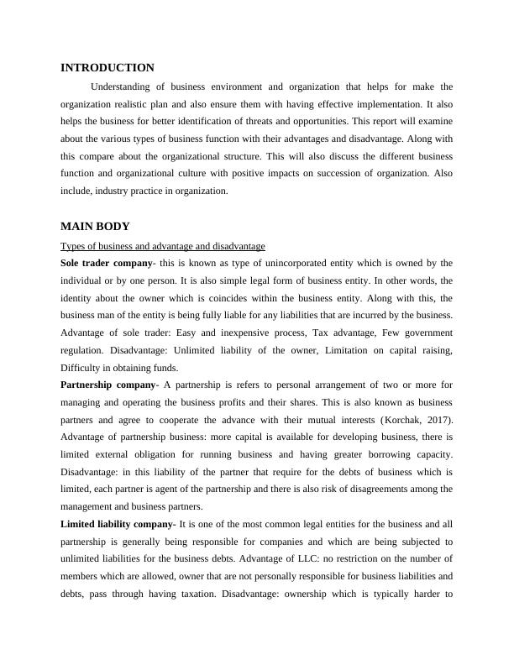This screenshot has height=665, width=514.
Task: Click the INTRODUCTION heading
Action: [108, 67]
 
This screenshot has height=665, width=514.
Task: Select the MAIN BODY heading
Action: [95, 227]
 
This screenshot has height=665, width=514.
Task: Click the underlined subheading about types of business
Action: [163, 246]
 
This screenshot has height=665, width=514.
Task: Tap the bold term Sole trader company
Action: [106, 263]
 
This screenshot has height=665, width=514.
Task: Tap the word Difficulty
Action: [82, 367]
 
